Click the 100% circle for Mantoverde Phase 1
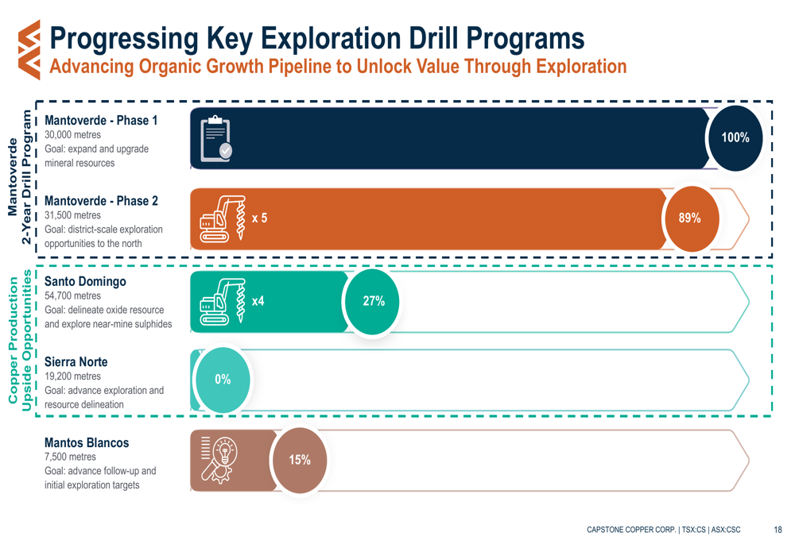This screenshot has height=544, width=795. pyautogui.click(x=735, y=138)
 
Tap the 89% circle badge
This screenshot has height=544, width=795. pyautogui.click(x=689, y=218)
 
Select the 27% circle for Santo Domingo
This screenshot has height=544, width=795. pyautogui.click(x=374, y=301)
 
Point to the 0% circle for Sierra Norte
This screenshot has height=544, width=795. pyautogui.click(x=223, y=380)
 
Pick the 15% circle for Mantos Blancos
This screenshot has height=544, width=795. pyautogui.click(x=300, y=460)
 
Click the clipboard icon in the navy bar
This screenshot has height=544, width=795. pyautogui.click(x=215, y=139)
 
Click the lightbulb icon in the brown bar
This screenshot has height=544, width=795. pyautogui.click(x=215, y=459)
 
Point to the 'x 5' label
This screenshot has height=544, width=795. pyautogui.click(x=259, y=218)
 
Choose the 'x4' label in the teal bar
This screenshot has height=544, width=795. pyautogui.click(x=258, y=301)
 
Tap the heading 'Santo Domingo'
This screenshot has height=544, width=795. pyautogui.click(x=85, y=282)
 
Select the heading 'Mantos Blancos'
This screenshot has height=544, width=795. pyautogui.click(x=86, y=443)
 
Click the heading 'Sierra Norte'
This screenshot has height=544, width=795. pyautogui.click(x=76, y=362)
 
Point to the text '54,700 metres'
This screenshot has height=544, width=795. pyautogui.click(x=72, y=296)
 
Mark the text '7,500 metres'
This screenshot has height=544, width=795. pyautogui.click(x=70, y=457)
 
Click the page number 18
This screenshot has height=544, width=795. pyautogui.click(x=777, y=529)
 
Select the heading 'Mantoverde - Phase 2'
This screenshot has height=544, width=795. pyautogui.click(x=101, y=201)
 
